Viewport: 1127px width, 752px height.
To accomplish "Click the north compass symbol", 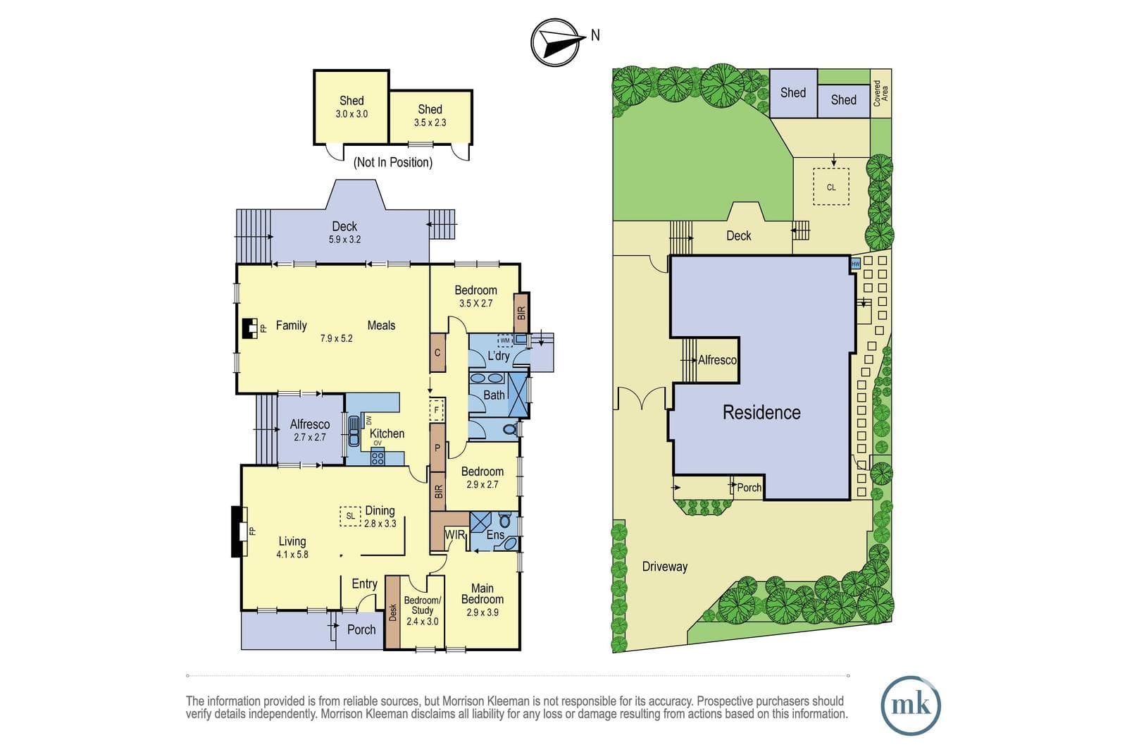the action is (x=556, y=42).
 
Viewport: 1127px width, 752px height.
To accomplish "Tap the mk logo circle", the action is (x=911, y=705).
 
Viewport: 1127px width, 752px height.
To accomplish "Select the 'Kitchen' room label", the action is (x=387, y=433).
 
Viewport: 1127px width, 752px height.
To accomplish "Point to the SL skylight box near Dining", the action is (x=350, y=516).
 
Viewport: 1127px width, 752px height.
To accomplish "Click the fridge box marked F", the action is (x=436, y=409).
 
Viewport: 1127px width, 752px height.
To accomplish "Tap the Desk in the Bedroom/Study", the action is (x=392, y=612).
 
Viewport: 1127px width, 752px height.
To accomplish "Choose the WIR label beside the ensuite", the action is (x=455, y=535).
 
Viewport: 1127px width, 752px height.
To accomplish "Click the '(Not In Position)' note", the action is (x=393, y=162).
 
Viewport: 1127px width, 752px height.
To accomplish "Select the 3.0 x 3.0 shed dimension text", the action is (x=351, y=113).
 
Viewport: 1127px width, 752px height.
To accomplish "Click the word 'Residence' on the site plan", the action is (x=761, y=412).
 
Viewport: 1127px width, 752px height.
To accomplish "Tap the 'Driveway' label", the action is (x=665, y=567).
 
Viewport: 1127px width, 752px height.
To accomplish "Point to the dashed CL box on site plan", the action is (x=831, y=187).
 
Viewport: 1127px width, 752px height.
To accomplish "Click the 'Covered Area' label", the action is (x=880, y=93).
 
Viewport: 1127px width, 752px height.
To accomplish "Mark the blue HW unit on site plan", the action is (x=855, y=264).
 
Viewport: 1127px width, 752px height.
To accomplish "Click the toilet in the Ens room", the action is (x=504, y=521).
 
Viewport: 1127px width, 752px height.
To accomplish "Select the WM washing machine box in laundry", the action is (x=505, y=341).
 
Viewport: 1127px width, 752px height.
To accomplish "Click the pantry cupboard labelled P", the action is (x=437, y=448).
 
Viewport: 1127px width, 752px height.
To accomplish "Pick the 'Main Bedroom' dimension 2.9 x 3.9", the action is (x=482, y=612).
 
